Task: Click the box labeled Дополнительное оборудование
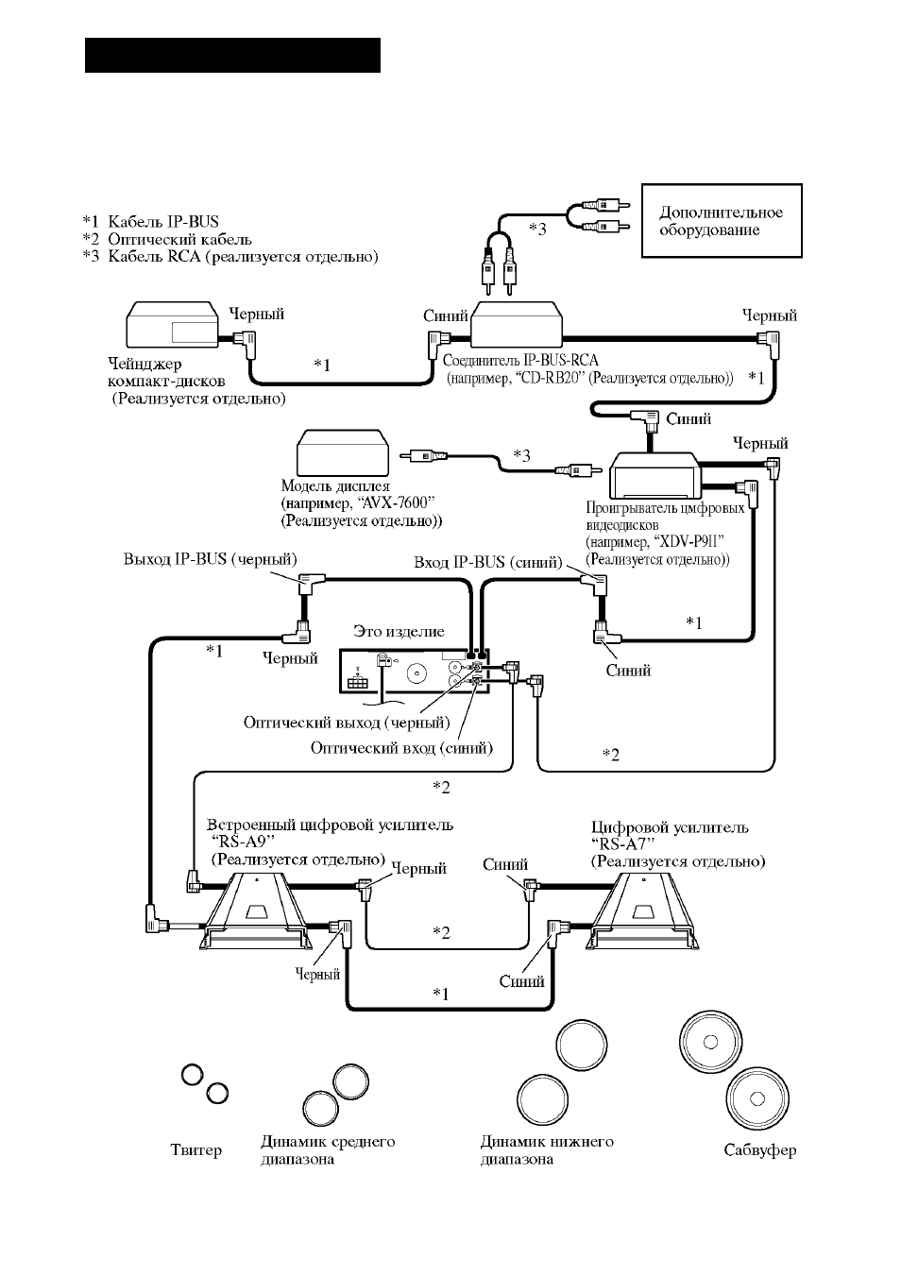[722, 220]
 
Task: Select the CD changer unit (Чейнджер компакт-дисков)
[172, 325]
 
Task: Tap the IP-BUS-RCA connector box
[517, 324]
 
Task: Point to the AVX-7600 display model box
[343, 452]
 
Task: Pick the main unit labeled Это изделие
[415, 672]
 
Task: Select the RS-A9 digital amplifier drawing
[256, 911]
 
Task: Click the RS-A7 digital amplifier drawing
[642, 911]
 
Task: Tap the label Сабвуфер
[759, 1150]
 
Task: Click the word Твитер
[195, 1149]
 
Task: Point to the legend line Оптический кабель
[167, 239]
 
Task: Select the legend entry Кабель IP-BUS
[150, 222]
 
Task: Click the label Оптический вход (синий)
[401, 748]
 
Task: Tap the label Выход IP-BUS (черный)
[211, 559]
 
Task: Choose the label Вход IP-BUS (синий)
[488, 563]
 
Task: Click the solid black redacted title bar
[232, 56]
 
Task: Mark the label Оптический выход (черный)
[347, 723]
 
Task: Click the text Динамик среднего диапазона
[328, 1150]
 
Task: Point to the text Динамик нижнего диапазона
[547, 1150]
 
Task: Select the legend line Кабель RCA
[230, 257]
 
